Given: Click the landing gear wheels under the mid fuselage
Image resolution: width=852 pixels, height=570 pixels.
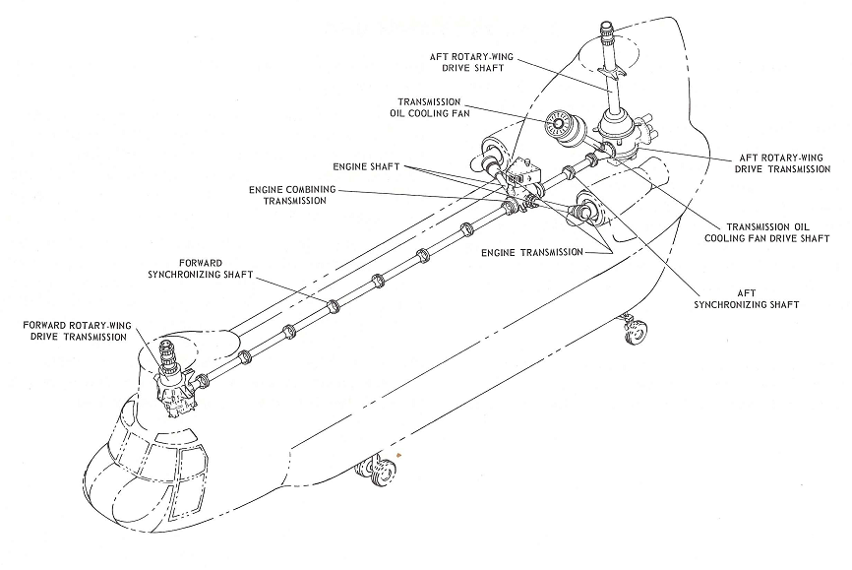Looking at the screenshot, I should click(x=378, y=472).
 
